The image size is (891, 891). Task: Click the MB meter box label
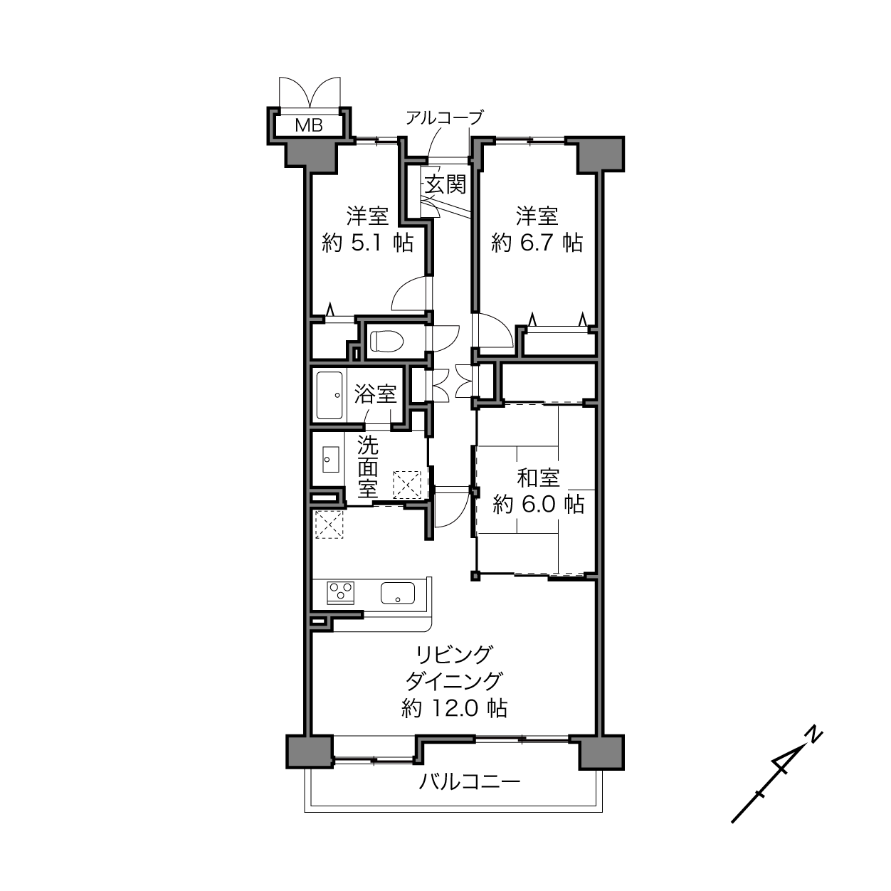(x=308, y=125)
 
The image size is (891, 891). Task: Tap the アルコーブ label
(x=444, y=117)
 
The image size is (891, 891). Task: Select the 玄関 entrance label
(x=445, y=184)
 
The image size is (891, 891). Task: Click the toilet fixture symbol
(x=387, y=342)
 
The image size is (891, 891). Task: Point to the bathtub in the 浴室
(x=329, y=395)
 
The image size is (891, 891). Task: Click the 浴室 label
(x=375, y=394)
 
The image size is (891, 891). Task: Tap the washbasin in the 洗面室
(x=331, y=459)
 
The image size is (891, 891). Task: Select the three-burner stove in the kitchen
(x=341, y=592)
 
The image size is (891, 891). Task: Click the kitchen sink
(x=398, y=593)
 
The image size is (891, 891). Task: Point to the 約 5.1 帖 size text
(x=368, y=243)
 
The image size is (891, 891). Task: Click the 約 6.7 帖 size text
(x=537, y=243)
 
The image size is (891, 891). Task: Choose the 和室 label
(x=538, y=478)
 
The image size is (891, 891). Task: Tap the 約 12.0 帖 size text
(x=455, y=708)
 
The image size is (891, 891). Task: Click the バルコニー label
(x=470, y=782)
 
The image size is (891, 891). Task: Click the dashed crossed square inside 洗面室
(x=407, y=485)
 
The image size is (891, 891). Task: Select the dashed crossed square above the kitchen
(x=329, y=524)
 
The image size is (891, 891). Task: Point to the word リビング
(x=453, y=654)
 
